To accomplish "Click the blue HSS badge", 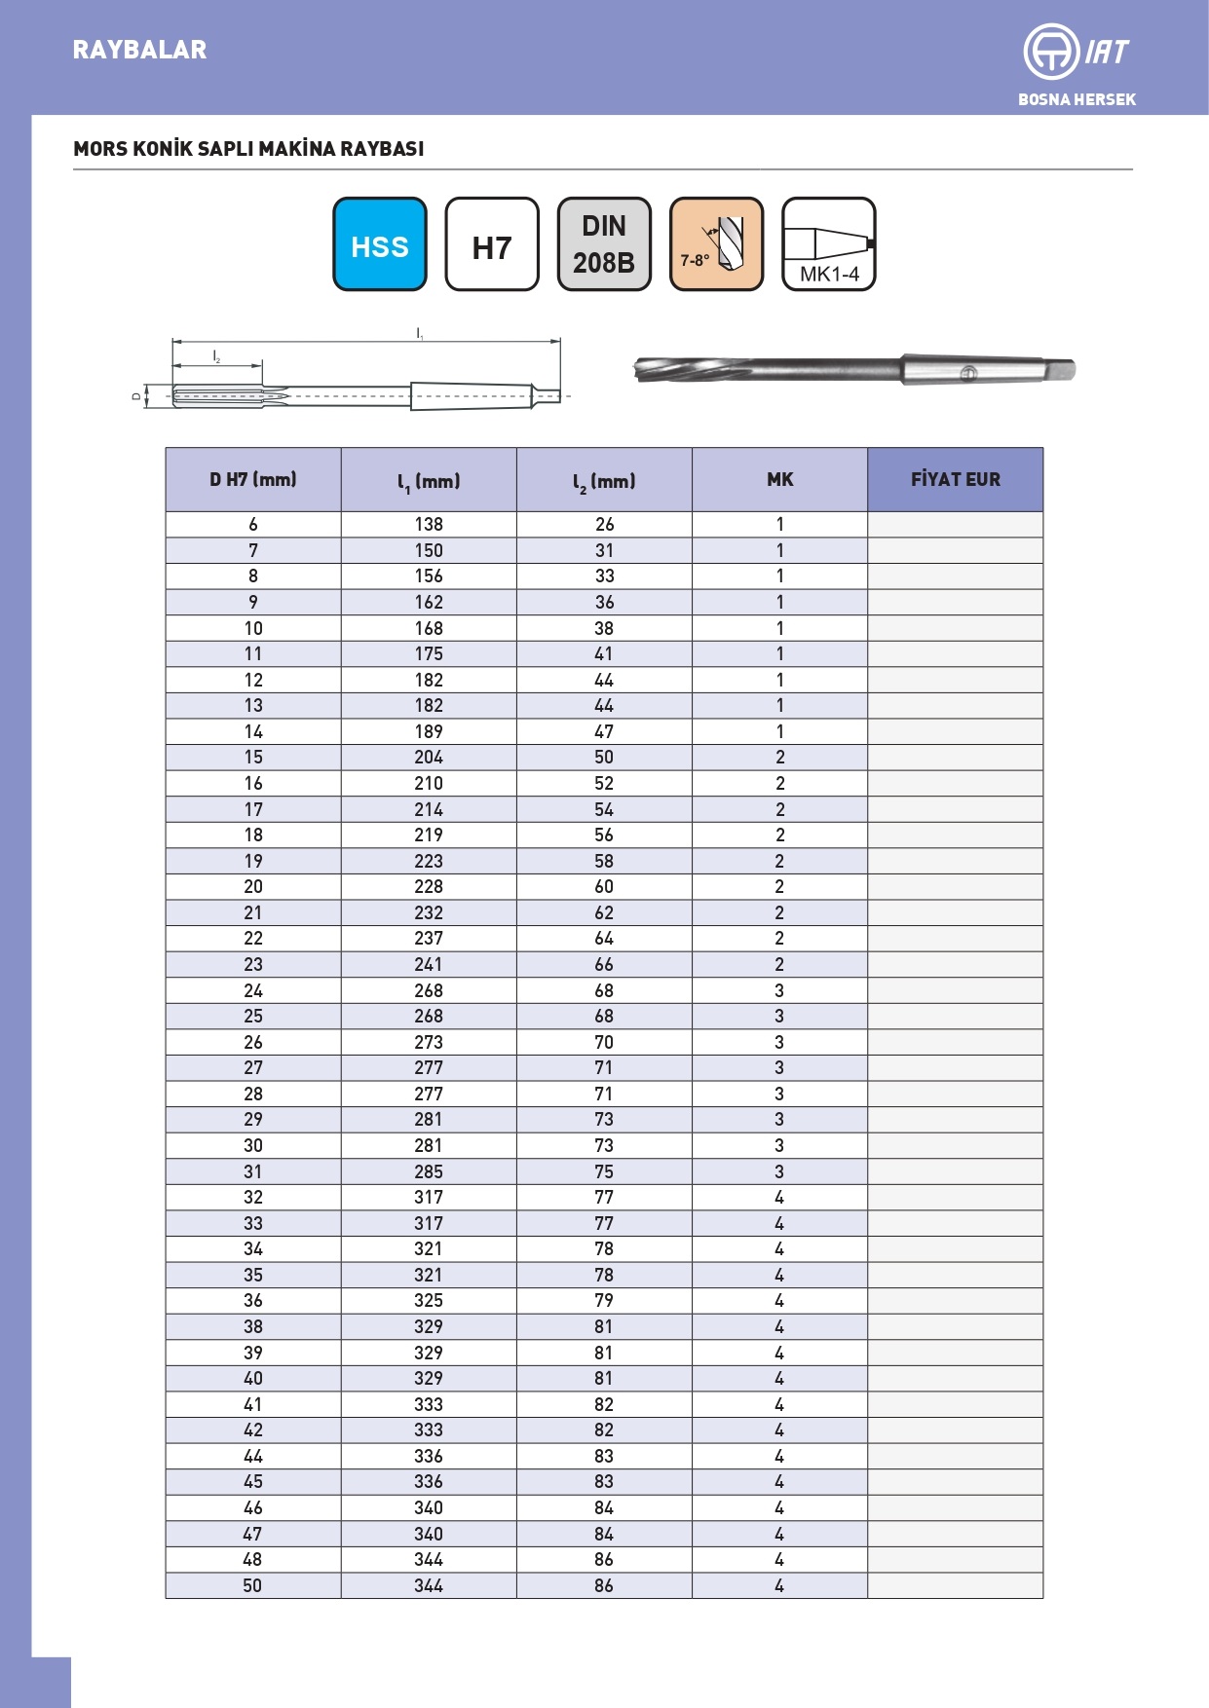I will pos(380,244).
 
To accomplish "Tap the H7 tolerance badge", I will pos(492,244).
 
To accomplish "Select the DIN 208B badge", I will pos(604,244).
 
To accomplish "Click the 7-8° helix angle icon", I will pos(716,244).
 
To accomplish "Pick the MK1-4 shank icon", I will pos(829,244).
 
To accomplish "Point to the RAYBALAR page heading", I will pos(139,50).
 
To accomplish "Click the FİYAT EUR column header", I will pos(955,479).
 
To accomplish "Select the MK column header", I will pos(779,479).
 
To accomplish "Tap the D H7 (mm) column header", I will pos(253,479).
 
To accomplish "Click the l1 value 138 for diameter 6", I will pos(429,524).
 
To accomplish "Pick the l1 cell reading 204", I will pos(429,757).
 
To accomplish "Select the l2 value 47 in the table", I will pos(604,731).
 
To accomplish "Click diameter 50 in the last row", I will pos(252,1585).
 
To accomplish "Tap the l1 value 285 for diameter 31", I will pos(429,1171).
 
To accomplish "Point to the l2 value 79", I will pos(604,1300).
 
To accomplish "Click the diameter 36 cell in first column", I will pos(252,1300).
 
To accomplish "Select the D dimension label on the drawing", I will pos(136,396).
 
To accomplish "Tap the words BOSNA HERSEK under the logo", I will pos(1077,99).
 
